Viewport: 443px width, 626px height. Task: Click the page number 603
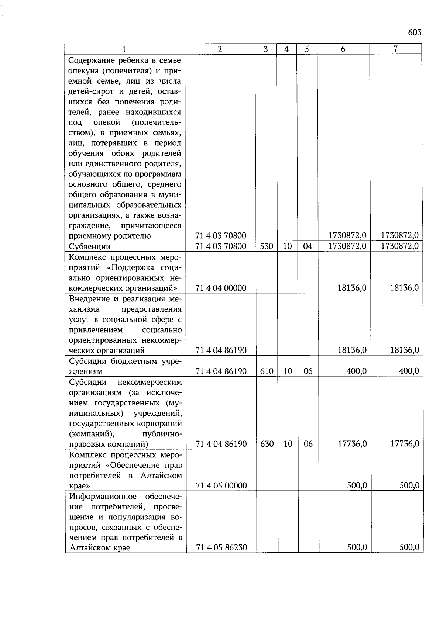click(415, 32)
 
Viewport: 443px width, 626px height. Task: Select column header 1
click(124, 49)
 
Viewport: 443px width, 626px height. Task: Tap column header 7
click(395, 49)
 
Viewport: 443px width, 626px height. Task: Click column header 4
click(286, 49)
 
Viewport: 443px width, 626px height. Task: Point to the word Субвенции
click(90, 246)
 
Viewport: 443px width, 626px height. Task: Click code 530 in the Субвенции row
click(266, 246)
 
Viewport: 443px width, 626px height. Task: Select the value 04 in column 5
click(308, 246)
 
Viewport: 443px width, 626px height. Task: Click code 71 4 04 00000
click(221, 288)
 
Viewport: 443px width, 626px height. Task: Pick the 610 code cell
click(266, 371)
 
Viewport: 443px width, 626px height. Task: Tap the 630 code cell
click(267, 444)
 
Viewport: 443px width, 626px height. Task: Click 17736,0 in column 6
click(352, 444)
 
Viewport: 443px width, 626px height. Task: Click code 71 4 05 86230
click(221, 548)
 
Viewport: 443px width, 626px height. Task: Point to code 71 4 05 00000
click(221, 485)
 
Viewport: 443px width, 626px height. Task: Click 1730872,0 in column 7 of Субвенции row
click(400, 246)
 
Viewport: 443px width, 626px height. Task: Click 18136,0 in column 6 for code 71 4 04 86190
click(352, 350)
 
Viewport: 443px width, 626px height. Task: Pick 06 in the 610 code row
click(308, 371)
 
